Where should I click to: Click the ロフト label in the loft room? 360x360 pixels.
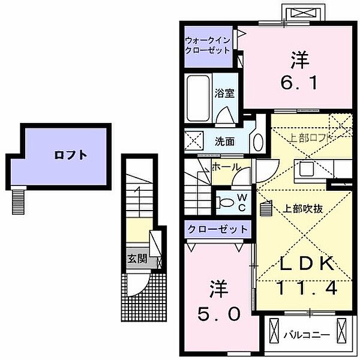click(x=71, y=155)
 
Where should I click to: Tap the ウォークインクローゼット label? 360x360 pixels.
click(x=208, y=46)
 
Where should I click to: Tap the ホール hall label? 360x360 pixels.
click(x=226, y=167)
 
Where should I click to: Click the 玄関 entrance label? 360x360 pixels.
click(x=136, y=259)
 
